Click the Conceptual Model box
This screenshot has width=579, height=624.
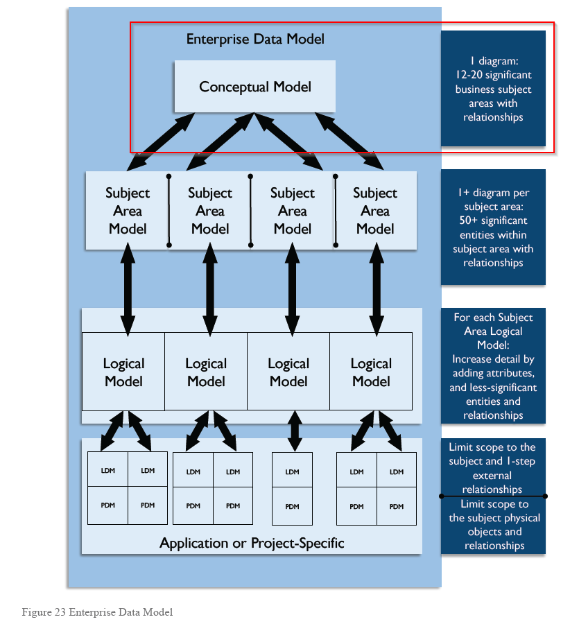pos(254,87)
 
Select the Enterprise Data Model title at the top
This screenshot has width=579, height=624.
pos(254,39)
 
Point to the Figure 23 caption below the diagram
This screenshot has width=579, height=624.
pos(97,612)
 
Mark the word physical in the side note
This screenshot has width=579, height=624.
pos(519,518)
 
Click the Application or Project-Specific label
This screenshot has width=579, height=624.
pos(252,542)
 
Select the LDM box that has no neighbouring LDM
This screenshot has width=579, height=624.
pos(292,471)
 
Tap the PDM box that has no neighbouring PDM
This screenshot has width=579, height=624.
pos(292,506)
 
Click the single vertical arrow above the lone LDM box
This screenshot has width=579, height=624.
pos(295,431)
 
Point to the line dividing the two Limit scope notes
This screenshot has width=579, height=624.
pos(493,496)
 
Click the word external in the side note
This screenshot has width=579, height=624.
pos(492,476)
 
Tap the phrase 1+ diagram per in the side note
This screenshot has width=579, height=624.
pos(492,193)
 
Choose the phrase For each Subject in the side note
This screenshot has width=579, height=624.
pos(493,318)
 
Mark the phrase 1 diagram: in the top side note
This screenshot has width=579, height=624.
pos(493,61)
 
